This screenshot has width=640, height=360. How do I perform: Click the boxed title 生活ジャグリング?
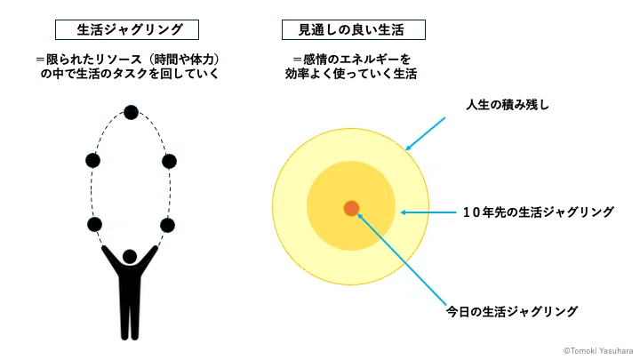[x=127, y=30]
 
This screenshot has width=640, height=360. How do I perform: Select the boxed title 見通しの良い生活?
[x=354, y=30]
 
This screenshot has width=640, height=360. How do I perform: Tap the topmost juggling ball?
[x=131, y=112]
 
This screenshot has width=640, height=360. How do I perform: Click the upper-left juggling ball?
[x=93, y=160]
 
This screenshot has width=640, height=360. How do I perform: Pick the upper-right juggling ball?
[x=169, y=161]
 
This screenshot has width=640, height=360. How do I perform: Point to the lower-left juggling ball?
[x=94, y=225]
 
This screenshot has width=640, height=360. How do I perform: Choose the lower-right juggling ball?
[x=167, y=225]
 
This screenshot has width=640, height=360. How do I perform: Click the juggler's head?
[x=130, y=257]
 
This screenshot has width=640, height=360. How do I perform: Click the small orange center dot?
[x=351, y=208]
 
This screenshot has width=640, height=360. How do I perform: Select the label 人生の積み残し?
[x=508, y=105]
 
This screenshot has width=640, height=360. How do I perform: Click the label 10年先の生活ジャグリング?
[x=539, y=212]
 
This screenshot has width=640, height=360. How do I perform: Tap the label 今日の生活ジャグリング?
[x=512, y=311]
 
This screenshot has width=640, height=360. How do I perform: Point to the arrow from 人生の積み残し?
[x=425, y=134]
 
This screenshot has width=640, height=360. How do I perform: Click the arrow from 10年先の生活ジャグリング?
[x=428, y=212]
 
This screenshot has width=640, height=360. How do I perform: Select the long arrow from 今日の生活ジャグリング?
[x=402, y=259]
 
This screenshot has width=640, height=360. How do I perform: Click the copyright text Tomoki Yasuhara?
[x=598, y=350]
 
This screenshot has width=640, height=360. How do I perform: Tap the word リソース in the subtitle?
[x=118, y=60]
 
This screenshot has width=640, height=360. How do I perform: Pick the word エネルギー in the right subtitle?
[x=365, y=60]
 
